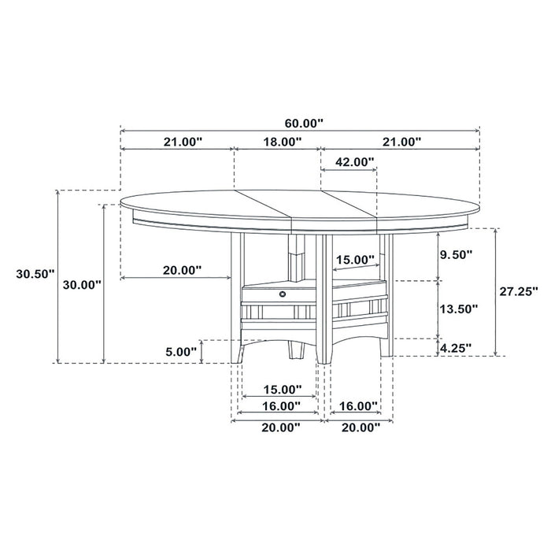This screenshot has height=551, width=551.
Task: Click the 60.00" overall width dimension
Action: click(x=303, y=123)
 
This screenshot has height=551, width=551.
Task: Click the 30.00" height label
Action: click(x=82, y=284)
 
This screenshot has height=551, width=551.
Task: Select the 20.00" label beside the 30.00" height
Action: click(x=181, y=269)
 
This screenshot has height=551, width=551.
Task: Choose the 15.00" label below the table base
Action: click(x=281, y=389)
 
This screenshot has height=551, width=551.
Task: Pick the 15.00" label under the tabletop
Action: click(x=355, y=260)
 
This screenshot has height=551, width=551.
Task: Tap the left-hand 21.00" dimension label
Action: click(x=183, y=142)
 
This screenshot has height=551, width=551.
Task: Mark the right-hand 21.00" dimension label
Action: click(x=401, y=142)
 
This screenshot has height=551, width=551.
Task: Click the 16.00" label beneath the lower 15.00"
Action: click(x=281, y=406)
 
